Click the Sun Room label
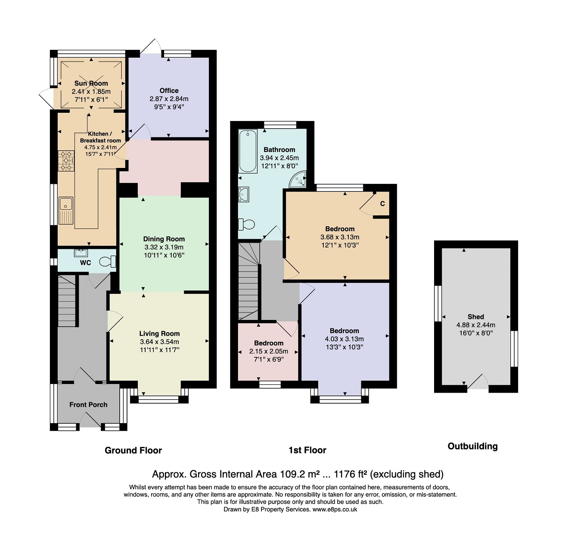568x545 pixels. tap(91, 84)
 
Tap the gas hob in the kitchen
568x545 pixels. tap(66, 161)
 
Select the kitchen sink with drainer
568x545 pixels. tap(66, 211)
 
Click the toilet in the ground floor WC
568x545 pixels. tap(108, 261)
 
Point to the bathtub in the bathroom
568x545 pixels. tap(248, 152)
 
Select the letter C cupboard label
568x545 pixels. tap(382, 204)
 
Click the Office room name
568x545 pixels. tap(169, 90)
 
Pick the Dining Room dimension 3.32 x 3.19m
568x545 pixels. tap(164, 247)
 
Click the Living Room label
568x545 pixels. tap(159, 334)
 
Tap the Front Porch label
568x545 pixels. tap(88, 405)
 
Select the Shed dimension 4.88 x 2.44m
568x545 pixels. tap(476, 325)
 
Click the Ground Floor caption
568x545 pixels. tap(133, 450)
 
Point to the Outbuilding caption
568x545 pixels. tap(472, 446)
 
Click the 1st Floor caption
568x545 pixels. tap(307, 450)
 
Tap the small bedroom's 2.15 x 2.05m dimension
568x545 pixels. tap(269, 351)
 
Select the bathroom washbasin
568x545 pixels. tap(243, 194)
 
